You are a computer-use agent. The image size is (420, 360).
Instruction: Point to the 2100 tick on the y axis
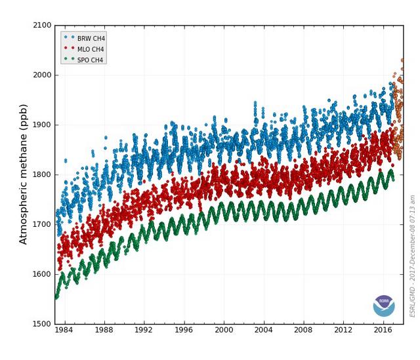tap(43, 26)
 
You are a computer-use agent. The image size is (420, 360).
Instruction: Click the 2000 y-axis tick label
tap(43, 75)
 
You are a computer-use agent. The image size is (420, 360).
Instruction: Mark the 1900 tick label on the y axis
tap(43, 125)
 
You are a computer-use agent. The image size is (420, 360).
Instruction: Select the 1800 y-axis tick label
tap(43, 174)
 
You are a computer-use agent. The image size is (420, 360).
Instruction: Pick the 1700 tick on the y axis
tap(43, 224)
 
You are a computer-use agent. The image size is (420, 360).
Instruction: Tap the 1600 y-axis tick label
tap(43, 274)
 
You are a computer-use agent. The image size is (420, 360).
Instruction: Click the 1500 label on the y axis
tap(43, 324)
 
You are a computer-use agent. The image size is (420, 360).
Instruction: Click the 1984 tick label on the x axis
tap(64, 330)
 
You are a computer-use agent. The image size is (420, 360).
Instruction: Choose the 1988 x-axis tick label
tap(104, 330)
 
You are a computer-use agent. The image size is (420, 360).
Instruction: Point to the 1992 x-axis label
tap(144, 330)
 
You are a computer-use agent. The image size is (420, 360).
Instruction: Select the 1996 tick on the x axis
tap(184, 330)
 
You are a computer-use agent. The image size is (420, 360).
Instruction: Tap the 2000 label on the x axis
tap(224, 330)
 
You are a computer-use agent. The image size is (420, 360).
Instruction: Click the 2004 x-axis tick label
tap(264, 330)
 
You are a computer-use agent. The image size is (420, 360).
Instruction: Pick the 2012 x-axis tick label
tap(344, 330)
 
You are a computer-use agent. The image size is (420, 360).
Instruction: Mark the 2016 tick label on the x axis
tap(384, 330)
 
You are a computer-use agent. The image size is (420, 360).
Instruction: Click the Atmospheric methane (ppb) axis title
tap(24, 174)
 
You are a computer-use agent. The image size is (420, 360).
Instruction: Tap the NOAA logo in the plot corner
tap(384, 305)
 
